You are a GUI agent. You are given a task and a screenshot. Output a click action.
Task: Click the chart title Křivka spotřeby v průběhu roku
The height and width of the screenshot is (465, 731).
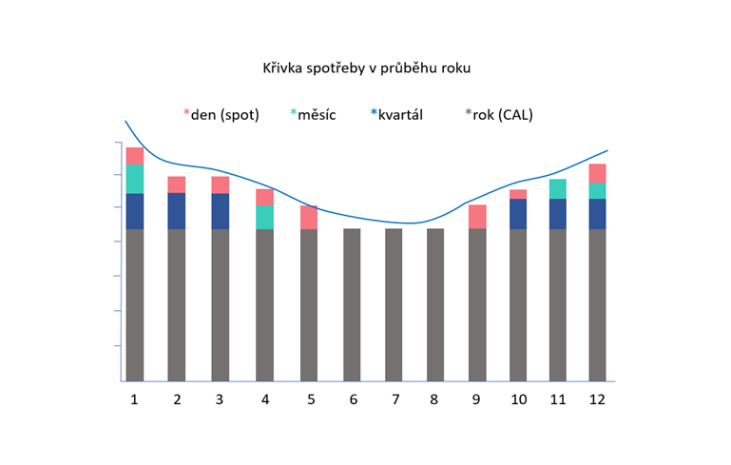coord(367,68)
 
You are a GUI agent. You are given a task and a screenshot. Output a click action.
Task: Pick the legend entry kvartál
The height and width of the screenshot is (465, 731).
coord(399,115)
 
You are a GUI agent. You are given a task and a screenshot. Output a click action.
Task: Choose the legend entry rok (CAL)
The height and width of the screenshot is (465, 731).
coord(502,115)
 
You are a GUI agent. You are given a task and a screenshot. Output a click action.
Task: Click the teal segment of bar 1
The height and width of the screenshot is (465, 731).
coord(134,179)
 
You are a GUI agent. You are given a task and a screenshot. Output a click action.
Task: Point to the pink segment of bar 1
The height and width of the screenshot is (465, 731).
coord(134,156)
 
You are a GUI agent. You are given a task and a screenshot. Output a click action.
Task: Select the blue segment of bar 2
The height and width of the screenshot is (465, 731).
coord(177,211)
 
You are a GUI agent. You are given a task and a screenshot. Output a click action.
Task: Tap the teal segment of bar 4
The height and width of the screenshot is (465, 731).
coord(264,217)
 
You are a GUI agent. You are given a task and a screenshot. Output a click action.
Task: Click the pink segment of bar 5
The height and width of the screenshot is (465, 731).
coord(309,217)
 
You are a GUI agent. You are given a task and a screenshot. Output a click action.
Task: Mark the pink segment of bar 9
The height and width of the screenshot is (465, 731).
coord(477,217)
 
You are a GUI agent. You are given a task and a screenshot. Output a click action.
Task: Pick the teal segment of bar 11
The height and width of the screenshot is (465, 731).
coord(558,188)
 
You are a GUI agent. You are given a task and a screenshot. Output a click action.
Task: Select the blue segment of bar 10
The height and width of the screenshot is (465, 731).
coord(518,214)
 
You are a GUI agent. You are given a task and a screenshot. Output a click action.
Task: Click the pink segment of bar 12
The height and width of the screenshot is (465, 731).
coord(597,173)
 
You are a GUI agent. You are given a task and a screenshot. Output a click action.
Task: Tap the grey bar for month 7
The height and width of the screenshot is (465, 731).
coord(394,304)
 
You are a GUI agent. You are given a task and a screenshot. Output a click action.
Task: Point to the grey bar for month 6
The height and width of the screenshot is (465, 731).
coord(352,304)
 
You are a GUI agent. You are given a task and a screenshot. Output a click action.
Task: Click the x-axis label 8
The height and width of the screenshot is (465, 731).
coord(434,399)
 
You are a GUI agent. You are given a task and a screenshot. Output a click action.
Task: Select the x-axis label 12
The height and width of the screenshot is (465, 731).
coord(597,399)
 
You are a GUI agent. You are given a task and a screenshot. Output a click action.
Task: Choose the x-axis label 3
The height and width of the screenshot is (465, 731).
coord(220,399)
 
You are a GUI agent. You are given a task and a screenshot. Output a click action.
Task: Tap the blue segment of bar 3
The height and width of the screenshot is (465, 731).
coord(220,211)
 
